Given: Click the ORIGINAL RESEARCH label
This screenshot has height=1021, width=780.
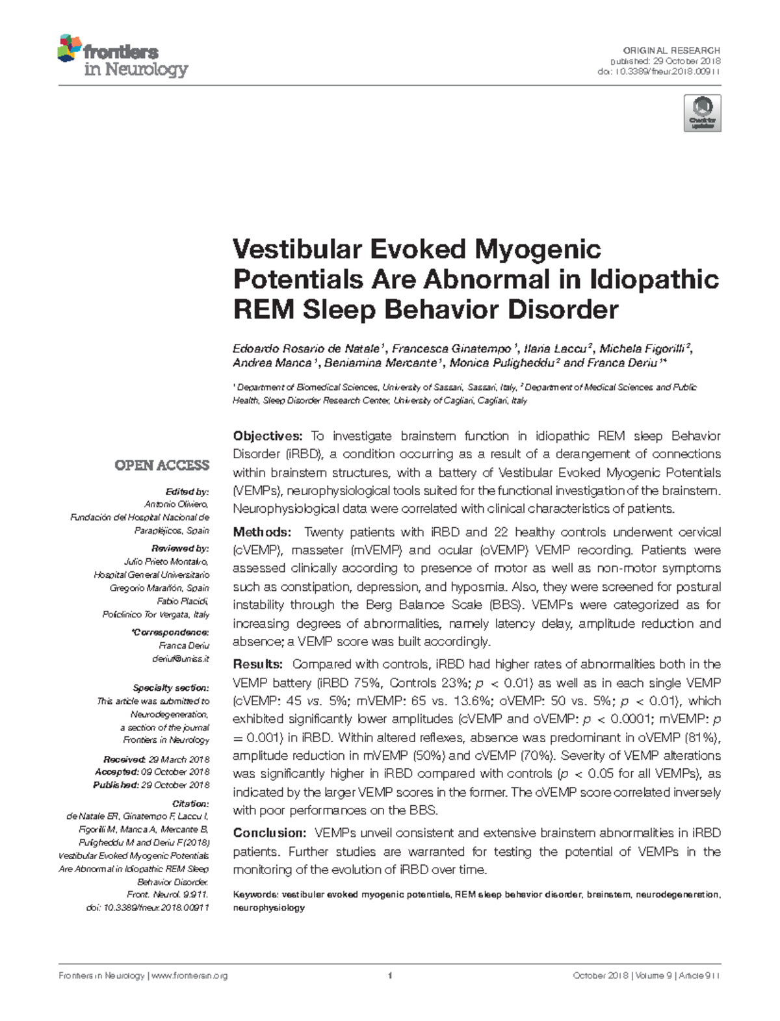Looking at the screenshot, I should pos(671,50).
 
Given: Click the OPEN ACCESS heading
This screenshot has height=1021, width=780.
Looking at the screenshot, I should pos(162,465).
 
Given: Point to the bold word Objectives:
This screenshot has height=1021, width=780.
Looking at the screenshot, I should pos(268,435).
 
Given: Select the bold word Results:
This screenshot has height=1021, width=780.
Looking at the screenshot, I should pos(257,664).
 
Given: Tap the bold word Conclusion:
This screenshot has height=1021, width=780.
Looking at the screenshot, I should pos(269,833).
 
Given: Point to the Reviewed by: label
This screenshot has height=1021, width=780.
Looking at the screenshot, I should pos(180,549).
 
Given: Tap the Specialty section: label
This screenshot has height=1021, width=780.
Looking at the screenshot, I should pos(171,688).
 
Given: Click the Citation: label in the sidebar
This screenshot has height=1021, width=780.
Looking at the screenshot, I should pos(190,803).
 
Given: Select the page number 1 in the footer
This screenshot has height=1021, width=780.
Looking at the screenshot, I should pos(389,976).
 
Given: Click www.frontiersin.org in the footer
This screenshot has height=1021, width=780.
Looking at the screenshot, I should pos(189,976).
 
